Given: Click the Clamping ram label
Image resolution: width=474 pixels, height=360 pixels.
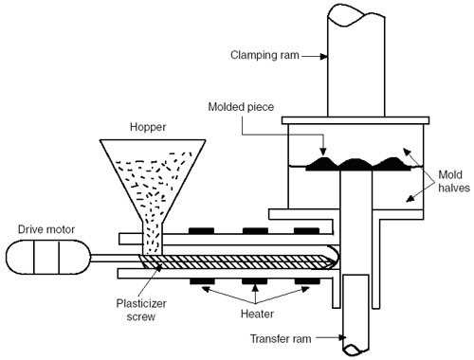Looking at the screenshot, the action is tap(264, 55).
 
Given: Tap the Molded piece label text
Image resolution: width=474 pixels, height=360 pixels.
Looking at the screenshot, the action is tap(241, 107).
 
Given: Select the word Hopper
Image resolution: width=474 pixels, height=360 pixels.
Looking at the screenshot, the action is tap(148, 127).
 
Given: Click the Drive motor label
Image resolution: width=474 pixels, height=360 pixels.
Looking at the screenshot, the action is tap(46, 229).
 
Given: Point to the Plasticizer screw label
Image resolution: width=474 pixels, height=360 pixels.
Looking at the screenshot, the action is tap(141, 310).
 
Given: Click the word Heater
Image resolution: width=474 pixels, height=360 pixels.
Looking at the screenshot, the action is tap(257, 314).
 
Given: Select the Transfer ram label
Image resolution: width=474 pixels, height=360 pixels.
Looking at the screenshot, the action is tap(281, 339).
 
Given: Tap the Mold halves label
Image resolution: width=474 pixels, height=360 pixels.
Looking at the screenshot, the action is tap(454, 181).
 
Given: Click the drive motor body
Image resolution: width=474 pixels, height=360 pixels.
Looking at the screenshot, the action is tap(48, 257).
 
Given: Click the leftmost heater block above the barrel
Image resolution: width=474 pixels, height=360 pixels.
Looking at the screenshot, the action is tap(201, 231).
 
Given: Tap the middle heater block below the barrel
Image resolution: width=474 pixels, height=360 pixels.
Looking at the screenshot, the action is tap(255, 281).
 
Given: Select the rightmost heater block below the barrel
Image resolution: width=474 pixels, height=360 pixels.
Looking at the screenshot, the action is tap(307, 281).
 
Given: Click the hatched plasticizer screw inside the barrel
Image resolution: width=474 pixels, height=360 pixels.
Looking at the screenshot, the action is tap(237, 261).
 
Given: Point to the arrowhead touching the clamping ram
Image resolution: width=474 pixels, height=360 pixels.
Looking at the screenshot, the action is tap(323, 57).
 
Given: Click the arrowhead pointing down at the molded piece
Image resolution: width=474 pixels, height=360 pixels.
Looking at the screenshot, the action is tap(322, 152).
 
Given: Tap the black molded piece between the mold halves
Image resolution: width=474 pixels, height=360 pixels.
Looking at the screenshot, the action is tap(358, 164).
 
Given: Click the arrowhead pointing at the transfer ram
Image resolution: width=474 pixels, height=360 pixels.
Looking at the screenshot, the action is tap(342, 337).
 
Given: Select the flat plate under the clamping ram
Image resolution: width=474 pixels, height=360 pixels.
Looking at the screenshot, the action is tap(355, 120).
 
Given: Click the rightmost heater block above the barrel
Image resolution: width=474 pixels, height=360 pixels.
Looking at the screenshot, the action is tap(306, 231).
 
